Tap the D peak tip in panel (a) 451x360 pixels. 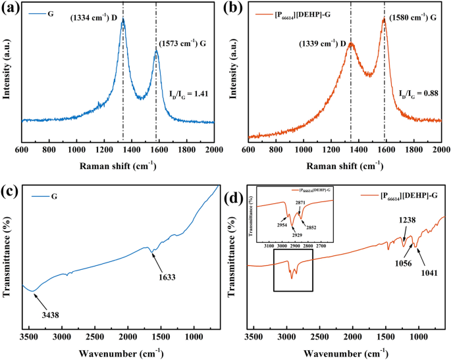coord(122,20)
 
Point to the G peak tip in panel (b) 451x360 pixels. coord(385,19)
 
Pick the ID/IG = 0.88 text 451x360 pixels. coord(419,93)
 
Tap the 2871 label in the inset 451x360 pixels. coord(300,205)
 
